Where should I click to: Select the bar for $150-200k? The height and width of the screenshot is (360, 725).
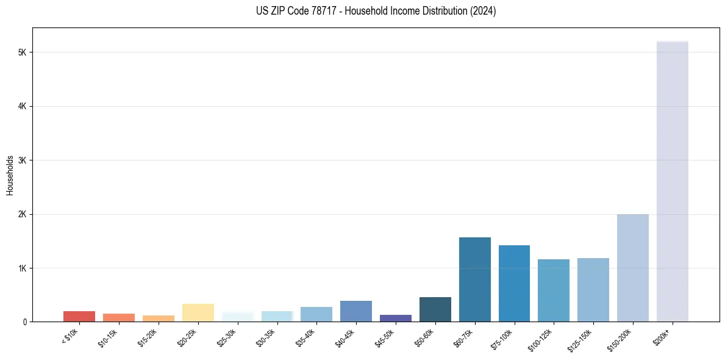tap(632, 268)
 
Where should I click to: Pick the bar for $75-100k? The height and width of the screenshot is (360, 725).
tap(514, 284)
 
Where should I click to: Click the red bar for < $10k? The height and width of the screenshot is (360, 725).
tap(79, 316)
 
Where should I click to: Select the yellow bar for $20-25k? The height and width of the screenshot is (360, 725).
tap(198, 312)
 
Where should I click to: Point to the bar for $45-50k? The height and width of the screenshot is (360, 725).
tap(395, 318)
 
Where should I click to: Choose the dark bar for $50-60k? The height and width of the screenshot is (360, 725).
tap(435, 309)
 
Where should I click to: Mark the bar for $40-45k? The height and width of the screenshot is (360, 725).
tap(356, 311)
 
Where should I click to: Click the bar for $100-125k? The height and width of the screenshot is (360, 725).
tap(554, 290)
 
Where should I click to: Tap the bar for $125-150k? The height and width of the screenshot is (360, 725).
tap(593, 290)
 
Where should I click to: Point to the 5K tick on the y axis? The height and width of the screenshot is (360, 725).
tap(23, 52)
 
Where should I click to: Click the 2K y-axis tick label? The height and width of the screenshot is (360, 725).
tap(23, 214)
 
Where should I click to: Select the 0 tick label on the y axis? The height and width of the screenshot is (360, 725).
tap(24, 322)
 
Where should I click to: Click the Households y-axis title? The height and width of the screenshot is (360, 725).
tap(10, 175)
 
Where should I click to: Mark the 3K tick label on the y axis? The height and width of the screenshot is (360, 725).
tap(23, 160)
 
